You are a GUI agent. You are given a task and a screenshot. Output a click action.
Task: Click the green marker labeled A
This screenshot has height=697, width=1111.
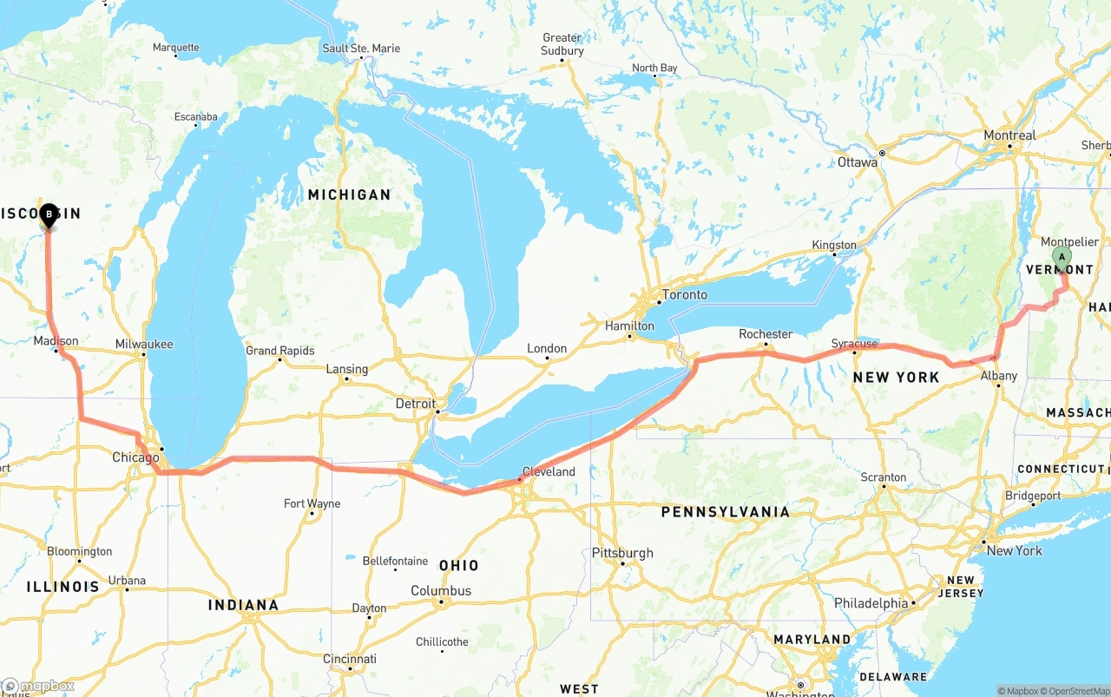coord(1062,258)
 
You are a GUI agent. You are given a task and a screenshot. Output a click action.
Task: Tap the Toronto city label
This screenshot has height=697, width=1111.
coord(684,295)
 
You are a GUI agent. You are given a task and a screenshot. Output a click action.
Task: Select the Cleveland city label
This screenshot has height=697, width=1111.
coord(549,472)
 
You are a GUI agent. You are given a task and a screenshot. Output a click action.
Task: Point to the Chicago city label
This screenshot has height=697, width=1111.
coord(135,457)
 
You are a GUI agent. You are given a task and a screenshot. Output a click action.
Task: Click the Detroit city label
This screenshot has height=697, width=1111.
coord(415,404)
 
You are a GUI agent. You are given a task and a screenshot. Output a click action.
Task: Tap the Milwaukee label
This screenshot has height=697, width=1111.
coord(144,345)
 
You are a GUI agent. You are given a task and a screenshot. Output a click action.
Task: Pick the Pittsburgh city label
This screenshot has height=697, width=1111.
coord(622,553)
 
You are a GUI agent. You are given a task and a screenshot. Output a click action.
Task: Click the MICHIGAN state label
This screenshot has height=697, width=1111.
coord(349,194)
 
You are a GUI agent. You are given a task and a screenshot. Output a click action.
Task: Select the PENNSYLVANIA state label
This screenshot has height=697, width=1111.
coord(726,512)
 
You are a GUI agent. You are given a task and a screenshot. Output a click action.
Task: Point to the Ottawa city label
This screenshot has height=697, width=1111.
coord(858,162)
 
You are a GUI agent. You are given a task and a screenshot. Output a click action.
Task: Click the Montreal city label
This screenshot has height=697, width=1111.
coord(1009,135)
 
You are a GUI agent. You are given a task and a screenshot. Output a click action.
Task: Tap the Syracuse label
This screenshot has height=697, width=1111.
coord(854,344)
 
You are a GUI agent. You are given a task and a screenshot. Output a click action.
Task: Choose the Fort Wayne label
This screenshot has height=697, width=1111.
coord(312,503)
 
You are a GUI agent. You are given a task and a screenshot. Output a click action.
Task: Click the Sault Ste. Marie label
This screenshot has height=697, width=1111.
coord(361,49)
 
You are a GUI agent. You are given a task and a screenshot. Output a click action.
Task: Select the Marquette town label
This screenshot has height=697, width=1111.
coord(175,48)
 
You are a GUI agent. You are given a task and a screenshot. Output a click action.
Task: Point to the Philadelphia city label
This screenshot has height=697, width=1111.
coord(871,603)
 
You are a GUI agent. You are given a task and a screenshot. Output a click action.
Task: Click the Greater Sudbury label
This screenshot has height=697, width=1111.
coord(562,44)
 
